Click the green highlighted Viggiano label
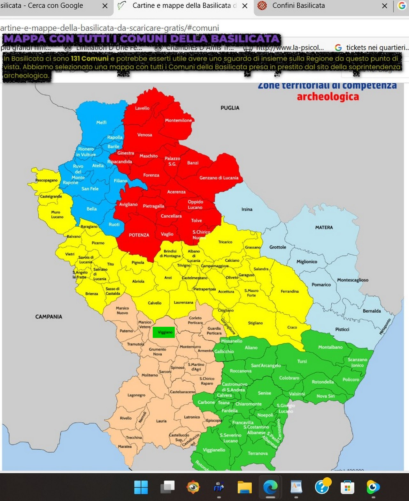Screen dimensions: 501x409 click(164, 332)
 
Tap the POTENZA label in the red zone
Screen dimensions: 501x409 click(139, 235)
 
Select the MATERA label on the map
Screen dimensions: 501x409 click(324, 227)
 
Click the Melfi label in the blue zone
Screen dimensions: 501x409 click(101, 122)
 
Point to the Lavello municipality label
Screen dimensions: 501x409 click(142, 108)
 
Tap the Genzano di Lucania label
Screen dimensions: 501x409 click(219, 178)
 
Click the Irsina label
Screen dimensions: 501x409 click(247, 209)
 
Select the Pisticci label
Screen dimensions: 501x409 click(342, 329)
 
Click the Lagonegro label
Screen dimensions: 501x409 click(136, 395)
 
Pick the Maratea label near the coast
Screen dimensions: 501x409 click(125, 446)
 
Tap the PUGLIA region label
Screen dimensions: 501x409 click(230, 108)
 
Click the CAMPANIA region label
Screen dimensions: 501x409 click(49, 317)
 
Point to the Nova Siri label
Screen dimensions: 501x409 click(325, 396)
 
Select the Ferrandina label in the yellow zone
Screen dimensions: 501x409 click(289, 291)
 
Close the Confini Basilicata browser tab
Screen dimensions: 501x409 click(385, 6)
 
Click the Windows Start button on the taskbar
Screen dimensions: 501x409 click(141, 487)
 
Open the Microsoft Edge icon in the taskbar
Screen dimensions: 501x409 click(270, 487)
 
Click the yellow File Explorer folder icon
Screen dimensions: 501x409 click(245, 487)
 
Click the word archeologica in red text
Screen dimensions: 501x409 click(328, 97)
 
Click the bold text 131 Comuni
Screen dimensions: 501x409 click(90, 59)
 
